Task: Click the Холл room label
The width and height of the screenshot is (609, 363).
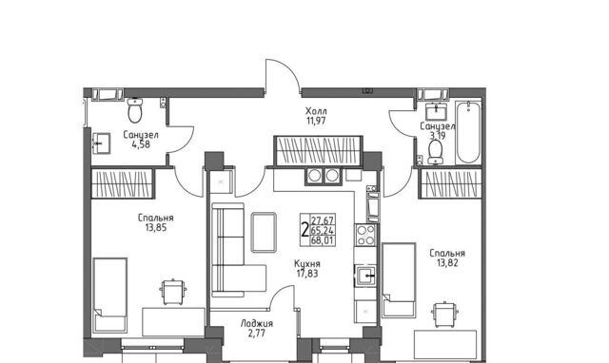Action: [316, 111]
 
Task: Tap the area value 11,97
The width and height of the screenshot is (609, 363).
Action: [316, 121]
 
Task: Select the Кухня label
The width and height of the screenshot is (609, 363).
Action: [307, 264]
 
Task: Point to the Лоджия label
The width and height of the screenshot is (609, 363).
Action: [256, 323]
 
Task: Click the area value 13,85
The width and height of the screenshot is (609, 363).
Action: [156, 228]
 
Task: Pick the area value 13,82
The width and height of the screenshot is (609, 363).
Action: [447, 263]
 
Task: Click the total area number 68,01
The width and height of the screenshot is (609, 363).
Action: [322, 240]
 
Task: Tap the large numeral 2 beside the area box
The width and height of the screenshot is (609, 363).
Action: [304, 230]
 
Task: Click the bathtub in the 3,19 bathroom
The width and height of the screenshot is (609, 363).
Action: [468, 132]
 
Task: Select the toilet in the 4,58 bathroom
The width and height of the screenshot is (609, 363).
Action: [135, 109]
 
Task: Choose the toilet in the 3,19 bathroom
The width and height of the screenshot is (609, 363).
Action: [435, 152]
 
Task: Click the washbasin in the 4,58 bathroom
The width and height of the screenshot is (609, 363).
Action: [102, 143]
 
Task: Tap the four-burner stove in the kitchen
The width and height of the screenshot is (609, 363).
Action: [365, 235]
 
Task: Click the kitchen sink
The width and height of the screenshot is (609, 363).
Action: [365, 276]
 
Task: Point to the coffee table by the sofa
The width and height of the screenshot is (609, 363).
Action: [264, 232]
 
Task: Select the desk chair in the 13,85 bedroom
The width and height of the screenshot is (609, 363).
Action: [173, 291]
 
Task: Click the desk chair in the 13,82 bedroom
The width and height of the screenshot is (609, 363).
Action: [444, 315]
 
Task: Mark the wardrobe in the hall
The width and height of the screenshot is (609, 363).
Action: [318, 151]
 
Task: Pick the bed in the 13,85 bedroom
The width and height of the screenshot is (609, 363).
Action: [110, 296]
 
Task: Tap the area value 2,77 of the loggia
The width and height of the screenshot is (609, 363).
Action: [257, 334]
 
